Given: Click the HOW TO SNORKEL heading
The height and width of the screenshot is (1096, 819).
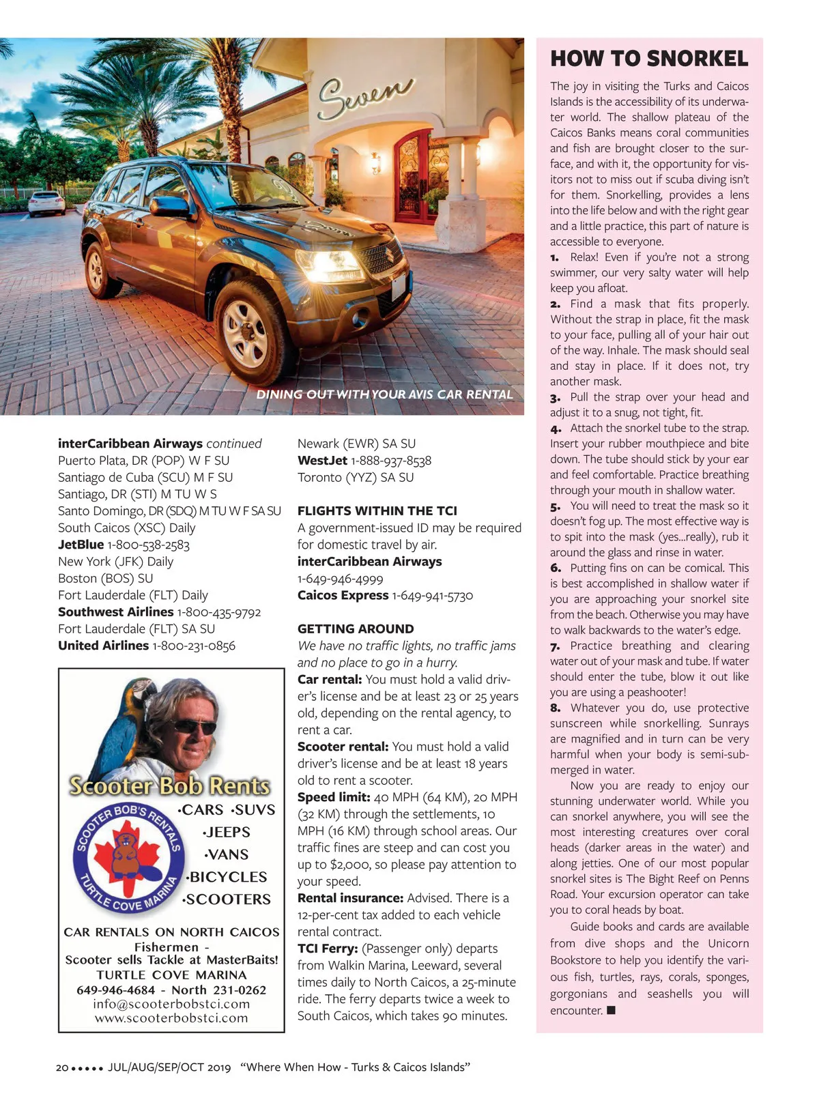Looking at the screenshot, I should (x=649, y=59).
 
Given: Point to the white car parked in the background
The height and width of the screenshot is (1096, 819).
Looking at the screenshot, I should (x=47, y=203).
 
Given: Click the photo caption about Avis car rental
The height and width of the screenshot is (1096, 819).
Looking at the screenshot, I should (x=384, y=394).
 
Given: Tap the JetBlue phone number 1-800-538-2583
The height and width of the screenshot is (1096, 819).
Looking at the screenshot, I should (x=149, y=545).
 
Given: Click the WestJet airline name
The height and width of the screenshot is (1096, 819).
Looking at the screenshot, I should (x=322, y=461).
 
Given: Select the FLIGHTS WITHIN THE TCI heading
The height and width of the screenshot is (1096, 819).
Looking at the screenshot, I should (x=377, y=510).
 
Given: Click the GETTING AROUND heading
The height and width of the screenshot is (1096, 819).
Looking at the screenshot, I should (x=356, y=629).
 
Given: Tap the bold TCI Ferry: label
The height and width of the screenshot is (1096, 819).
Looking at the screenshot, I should (x=328, y=949).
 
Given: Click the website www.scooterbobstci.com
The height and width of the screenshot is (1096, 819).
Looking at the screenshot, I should (x=171, y=1018).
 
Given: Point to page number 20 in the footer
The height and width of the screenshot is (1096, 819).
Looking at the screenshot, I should (x=61, y=1067).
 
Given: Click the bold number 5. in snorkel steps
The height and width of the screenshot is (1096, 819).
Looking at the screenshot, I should (x=556, y=506).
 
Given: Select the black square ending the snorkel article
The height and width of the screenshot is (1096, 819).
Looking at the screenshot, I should (x=611, y=1010).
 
